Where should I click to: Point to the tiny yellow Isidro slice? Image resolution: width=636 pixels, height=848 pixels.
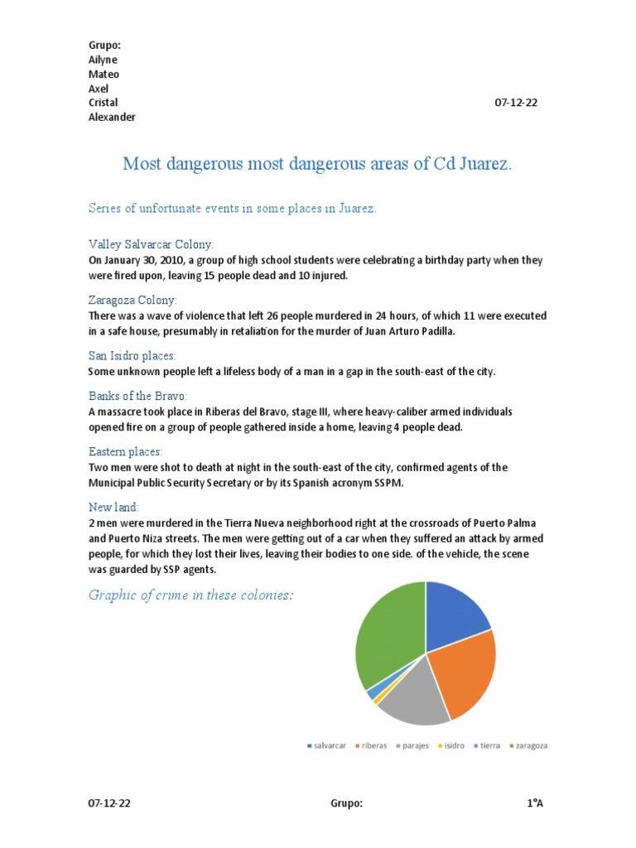coord(378,700)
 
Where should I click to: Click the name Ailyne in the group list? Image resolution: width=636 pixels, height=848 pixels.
coord(104,60)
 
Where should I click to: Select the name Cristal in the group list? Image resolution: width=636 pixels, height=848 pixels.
coord(104,103)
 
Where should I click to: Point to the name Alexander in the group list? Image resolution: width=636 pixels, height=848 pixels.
coord(112,117)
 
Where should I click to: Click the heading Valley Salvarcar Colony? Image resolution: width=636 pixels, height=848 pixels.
coord(151,244)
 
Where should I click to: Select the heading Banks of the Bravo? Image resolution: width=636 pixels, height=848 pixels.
coord(138,397)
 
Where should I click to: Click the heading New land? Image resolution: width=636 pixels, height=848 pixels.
coord(114,506)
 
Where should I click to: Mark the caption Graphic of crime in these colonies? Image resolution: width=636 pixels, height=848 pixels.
coord(191,595)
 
